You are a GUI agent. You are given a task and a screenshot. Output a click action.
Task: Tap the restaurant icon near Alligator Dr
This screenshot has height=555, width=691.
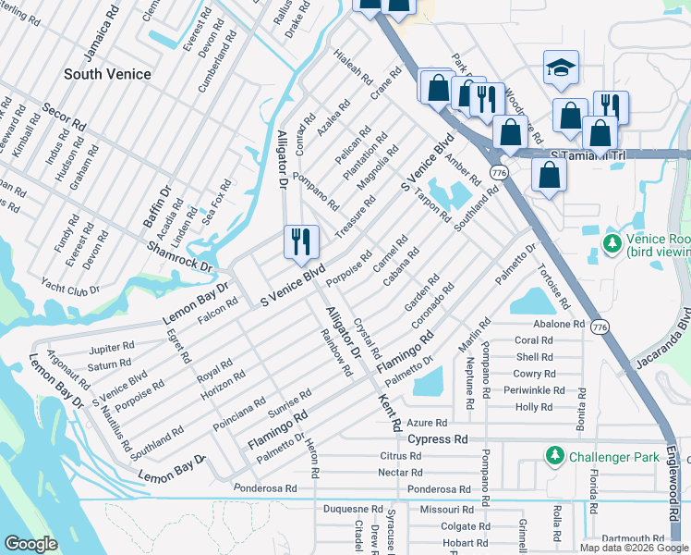coord(301,242)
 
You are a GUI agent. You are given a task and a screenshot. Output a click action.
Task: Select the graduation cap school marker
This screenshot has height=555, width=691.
coord(560,68)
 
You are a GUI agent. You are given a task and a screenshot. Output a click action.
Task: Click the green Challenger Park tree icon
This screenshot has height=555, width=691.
coord(554,456)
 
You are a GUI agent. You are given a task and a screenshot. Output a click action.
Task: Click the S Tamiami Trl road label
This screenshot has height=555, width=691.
coord(588,155)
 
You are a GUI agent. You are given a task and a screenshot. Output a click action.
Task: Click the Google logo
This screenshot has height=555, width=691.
coord(30,544)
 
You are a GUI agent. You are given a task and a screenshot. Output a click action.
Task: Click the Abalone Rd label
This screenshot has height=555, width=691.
coord(560,325)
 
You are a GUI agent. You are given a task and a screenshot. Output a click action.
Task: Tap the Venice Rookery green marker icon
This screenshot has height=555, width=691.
coord(611,242)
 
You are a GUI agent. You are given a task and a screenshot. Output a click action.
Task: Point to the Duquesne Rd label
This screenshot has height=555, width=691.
coord(347,509)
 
